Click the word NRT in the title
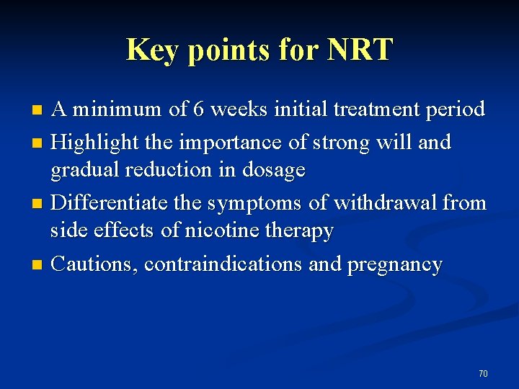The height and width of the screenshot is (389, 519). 360,50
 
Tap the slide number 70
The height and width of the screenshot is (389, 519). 483,373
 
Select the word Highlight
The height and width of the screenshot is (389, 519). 96,143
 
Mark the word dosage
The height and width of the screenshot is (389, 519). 276,171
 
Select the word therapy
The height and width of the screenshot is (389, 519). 301,231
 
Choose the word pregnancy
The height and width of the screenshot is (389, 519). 395,265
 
